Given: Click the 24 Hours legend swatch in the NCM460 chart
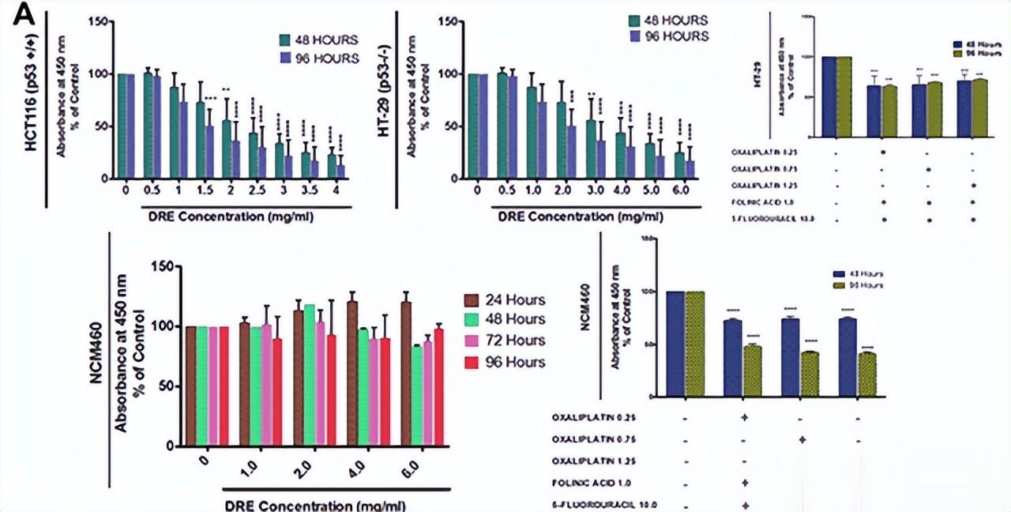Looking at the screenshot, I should click(x=472, y=300).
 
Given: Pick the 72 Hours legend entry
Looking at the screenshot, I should click(x=506, y=341).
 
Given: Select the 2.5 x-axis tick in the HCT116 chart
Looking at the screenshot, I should click(x=253, y=190).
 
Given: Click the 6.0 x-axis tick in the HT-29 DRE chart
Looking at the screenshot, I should click(x=680, y=190).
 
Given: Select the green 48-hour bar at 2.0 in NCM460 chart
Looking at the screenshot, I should click(x=309, y=375).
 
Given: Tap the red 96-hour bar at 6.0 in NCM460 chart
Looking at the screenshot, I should click(x=439, y=387).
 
